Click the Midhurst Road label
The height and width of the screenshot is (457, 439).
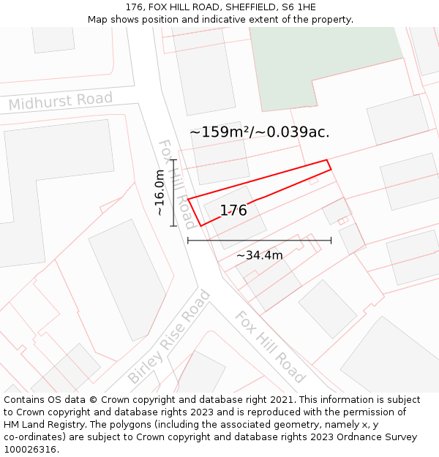tap(61, 101)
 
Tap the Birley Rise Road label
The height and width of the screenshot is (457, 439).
tap(168, 337)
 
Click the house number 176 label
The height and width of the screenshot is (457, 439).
tap(233, 211)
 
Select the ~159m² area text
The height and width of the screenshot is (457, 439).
tap(219, 132)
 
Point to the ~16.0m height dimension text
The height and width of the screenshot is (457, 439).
tap(160, 192)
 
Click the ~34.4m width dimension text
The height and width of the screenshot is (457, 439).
tap(259, 255)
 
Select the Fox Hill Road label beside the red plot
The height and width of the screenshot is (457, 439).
tap(177, 183)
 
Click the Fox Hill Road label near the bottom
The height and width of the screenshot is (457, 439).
tap(269, 347)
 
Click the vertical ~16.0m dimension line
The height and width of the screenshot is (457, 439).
tap(173, 192)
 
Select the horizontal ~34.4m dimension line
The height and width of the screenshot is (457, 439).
tap(259, 240)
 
